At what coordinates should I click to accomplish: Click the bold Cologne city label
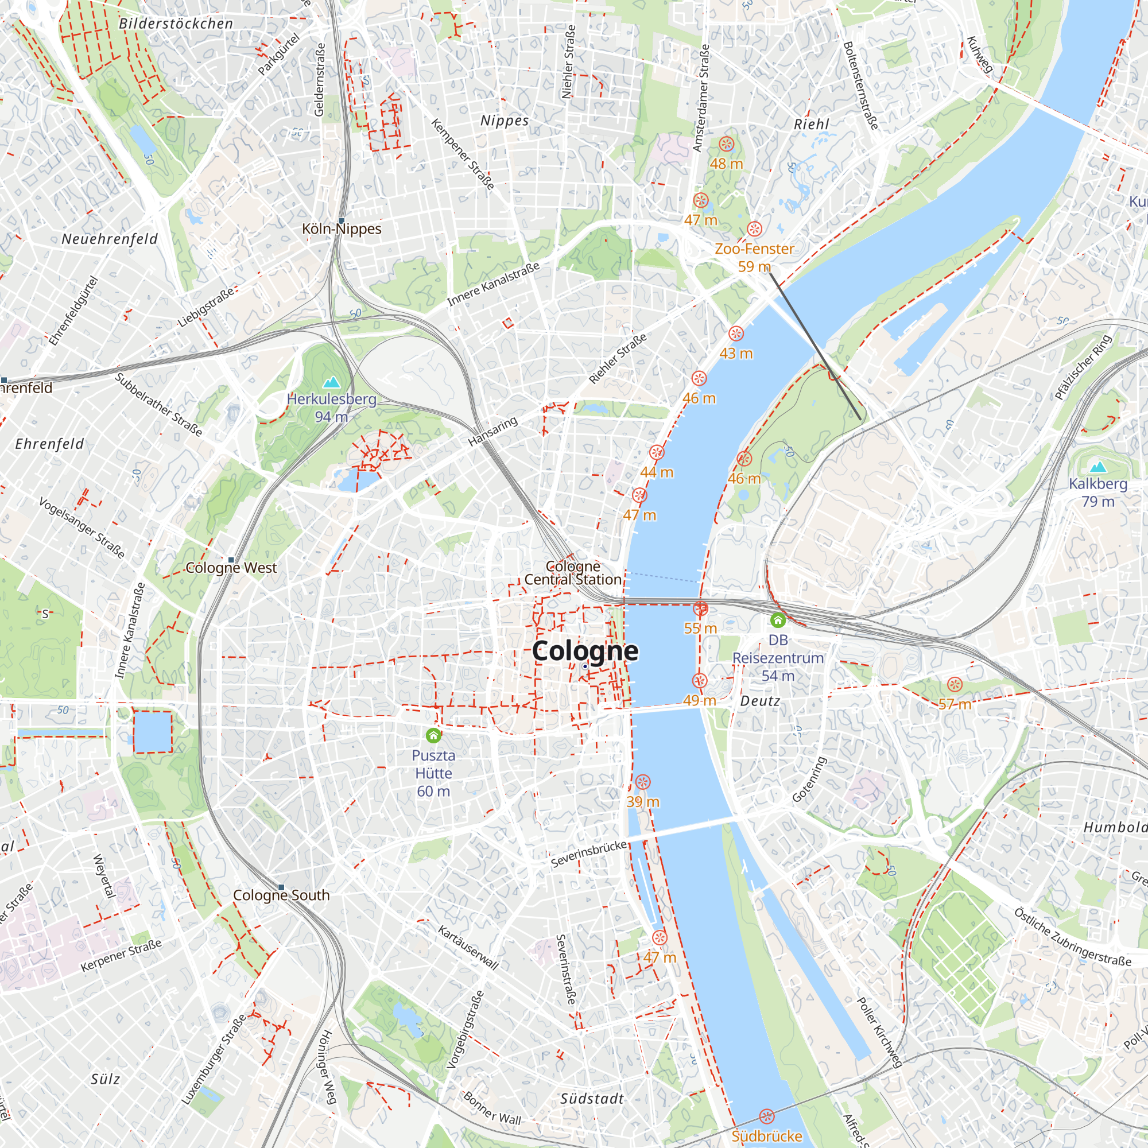point(585,651)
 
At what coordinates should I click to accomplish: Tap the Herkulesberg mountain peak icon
point(331,382)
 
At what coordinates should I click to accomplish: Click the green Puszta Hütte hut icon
point(433,736)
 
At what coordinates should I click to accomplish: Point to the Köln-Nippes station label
point(342,229)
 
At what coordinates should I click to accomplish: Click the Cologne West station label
point(231,568)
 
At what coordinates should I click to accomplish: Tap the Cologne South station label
point(281,895)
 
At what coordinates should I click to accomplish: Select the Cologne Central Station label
point(573,573)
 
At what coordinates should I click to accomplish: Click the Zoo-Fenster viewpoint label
point(754,249)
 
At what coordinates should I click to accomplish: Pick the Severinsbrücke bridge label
point(589,854)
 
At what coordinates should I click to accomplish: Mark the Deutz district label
point(760,701)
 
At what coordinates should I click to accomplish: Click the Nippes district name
point(505,121)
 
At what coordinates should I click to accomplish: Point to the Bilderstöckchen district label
point(176,24)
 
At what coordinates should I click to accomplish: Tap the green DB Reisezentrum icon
point(778,620)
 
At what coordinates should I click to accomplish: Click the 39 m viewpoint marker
point(642,782)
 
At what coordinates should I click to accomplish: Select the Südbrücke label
point(766,1136)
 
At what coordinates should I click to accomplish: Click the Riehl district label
point(811,124)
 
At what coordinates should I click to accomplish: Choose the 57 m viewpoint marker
point(955,685)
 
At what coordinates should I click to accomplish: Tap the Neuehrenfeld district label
point(110,239)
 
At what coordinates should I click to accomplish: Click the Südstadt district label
point(592,1099)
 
